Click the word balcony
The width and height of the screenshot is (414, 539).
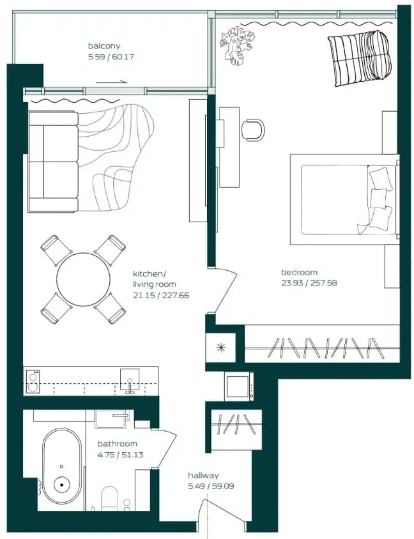coord(104,46)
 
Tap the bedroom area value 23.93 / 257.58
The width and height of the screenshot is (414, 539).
coord(309,283)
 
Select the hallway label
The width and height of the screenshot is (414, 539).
coord(203,476)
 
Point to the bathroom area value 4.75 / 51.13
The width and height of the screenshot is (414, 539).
coord(120,455)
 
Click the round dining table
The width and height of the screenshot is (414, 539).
coord(84,279)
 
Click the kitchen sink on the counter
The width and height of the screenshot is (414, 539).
coord(130,381)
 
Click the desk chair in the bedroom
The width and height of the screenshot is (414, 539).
coord(254,130)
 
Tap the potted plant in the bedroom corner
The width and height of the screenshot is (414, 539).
coord(237,45)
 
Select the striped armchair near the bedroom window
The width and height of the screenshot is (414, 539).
coord(359,57)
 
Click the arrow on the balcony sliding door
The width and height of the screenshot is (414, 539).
coord(112,82)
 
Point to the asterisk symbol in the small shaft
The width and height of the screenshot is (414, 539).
coord(221,347)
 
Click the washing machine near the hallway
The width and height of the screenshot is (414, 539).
coord(239,386)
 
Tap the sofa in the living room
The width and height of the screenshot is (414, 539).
coord(53,161)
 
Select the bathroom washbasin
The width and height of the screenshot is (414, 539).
coord(112,420)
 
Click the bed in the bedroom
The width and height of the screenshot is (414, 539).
coord(345,199)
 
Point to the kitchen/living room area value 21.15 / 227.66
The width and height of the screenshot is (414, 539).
coord(161,295)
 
